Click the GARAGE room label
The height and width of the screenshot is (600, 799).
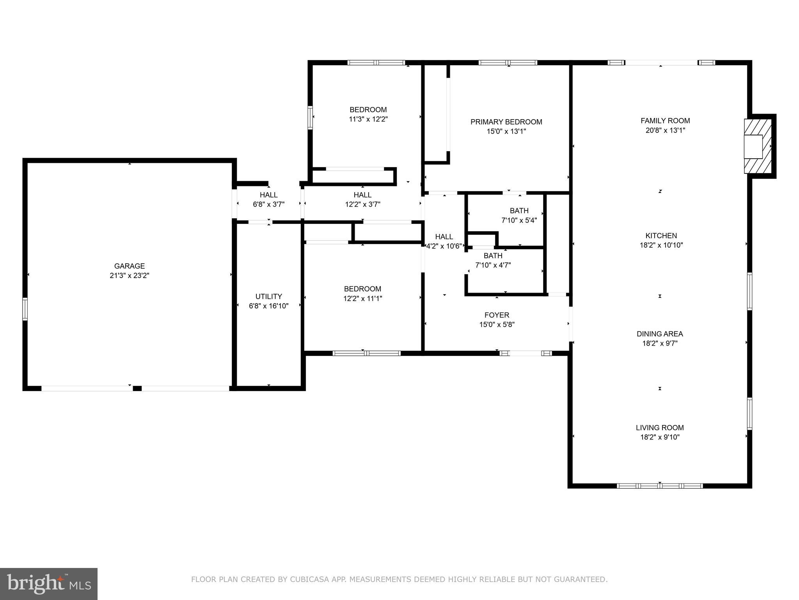pos(129,266)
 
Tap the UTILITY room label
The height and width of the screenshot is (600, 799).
pos(268,296)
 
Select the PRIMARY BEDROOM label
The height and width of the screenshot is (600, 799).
pos(506,122)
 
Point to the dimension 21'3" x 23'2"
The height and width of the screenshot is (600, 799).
pos(129,276)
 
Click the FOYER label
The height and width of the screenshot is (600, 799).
pos(497,315)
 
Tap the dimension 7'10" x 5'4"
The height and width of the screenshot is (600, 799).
pos(519,220)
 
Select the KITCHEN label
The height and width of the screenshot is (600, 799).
pos(661,236)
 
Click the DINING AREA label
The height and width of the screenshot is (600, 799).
pos(660,334)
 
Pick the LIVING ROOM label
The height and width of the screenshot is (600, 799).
pos(660,428)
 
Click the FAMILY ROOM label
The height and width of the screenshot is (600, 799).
pos(665,121)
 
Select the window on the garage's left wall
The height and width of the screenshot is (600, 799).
pos(25,309)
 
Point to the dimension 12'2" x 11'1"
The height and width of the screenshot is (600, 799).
pos(362,298)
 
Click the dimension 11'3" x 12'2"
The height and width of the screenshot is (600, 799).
pos(368,119)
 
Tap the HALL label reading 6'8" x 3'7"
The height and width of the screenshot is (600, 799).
pos(268,195)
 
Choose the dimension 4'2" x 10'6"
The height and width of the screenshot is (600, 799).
pos(444,246)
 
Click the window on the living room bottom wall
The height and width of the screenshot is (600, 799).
pos(659,486)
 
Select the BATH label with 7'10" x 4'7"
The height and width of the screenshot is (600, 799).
pos(493,256)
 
